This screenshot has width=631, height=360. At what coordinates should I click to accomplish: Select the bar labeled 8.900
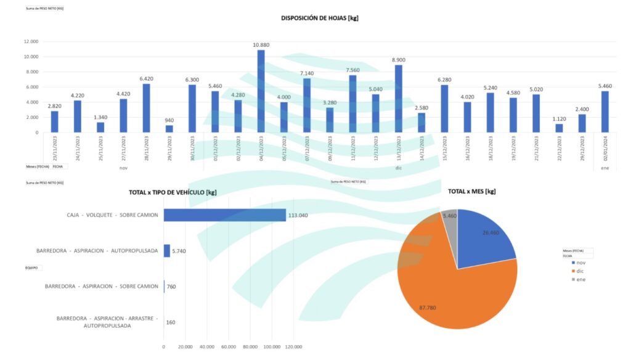pos(398,99)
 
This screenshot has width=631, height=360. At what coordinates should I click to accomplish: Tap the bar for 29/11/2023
pos(169,129)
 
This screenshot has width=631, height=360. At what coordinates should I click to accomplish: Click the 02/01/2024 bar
pos(605,112)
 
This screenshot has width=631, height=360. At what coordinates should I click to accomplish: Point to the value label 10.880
pos(261,45)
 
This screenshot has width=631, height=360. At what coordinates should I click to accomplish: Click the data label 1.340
pos(100,118)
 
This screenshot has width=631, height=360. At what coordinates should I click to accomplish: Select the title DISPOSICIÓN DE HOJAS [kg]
pos(320,18)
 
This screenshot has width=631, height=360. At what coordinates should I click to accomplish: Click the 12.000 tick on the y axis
pos(31,41)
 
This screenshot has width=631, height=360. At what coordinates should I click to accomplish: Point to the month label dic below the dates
pos(398,168)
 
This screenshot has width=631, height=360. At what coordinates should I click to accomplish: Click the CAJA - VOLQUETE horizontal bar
pos(225,215)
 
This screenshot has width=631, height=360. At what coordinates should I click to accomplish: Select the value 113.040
pos(298,215)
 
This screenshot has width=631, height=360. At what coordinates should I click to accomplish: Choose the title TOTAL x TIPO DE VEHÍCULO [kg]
pos(173,192)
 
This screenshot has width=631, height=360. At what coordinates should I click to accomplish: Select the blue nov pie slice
pos(487,237)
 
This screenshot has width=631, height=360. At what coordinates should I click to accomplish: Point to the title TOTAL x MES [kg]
pos(472,192)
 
